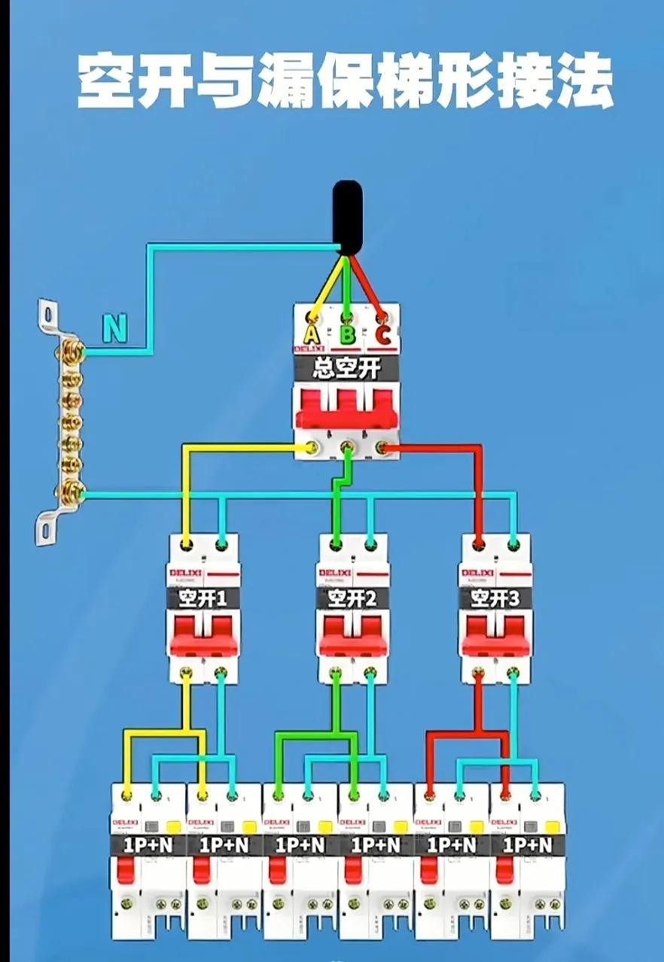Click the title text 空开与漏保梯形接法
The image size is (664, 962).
[345, 81]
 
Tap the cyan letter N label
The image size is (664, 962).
[114, 329]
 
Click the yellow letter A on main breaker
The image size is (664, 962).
[311, 335]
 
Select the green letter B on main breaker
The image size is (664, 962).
[346, 335]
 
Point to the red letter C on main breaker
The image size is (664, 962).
[382, 335]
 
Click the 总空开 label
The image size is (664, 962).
[346, 369]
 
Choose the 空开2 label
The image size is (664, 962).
[353, 598]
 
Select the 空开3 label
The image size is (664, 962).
[495, 598]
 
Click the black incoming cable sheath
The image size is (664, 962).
[348, 215]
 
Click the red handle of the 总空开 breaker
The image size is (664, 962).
[346, 410]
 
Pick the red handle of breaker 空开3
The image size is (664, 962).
[495, 636]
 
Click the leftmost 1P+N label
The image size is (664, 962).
[149, 845]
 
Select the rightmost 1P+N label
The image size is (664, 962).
[527, 845]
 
